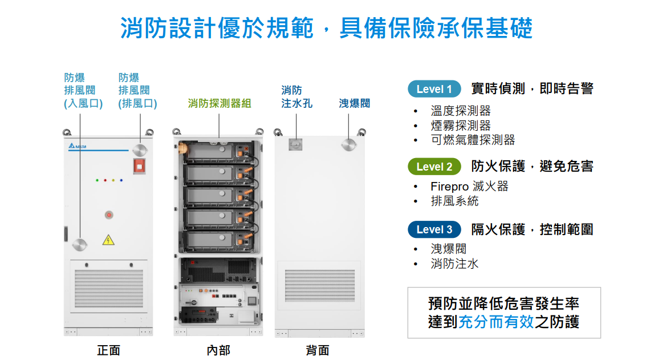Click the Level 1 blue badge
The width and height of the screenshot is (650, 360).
click(x=434, y=89)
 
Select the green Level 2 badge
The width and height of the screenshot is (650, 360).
click(x=434, y=167)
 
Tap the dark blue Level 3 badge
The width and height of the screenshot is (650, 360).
click(x=434, y=229)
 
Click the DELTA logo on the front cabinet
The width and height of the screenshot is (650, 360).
click(x=75, y=147)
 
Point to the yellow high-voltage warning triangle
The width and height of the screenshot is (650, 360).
click(x=108, y=240)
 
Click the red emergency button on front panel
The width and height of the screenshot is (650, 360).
click(x=108, y=215)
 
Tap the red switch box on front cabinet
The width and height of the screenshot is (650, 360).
click(x=139, y=166)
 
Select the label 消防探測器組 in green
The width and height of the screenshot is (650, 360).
click(x=220, y=103)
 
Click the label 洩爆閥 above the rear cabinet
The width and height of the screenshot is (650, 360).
click(x=354, y=103)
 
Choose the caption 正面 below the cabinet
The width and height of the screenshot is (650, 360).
click(x=108, y=350)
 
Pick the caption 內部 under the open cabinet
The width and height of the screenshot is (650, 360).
click(x=218, y=350)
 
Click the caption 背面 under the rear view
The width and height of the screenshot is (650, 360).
click(x=318, y=350)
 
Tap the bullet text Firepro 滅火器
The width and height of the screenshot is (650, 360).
click(x=469, y=187)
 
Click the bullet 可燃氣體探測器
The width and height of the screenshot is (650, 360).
click(x=473, y=140)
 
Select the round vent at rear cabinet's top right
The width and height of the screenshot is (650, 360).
click(x=350, y=144)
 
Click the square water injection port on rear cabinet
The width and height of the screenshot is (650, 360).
click(x=295, y=144)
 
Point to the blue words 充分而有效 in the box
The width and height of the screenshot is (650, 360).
click(x=496, y=321)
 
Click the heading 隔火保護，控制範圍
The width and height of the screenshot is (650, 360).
click(x=532, y=229)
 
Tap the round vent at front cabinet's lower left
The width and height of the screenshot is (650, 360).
click(x=80, y=245)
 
